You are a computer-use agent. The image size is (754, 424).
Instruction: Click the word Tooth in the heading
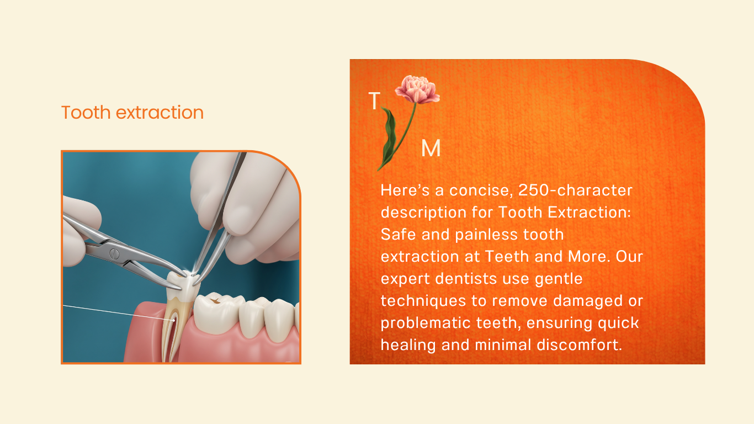[x=86, y=112]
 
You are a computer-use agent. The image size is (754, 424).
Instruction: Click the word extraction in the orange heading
[x=160, y=113]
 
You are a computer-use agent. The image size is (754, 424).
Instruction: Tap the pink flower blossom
[x=417, y=89]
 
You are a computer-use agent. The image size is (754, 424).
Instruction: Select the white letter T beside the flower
[x=374, y=100]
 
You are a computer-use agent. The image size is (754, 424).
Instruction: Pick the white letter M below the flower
[x=431, y=148]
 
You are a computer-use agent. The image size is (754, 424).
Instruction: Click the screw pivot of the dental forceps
[x=114, y=253]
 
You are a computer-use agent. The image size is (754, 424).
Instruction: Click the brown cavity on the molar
[x=214, y=299]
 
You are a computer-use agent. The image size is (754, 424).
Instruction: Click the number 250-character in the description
[x=575, y=190]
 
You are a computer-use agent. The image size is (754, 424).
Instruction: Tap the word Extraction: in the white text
[x=589, y=212]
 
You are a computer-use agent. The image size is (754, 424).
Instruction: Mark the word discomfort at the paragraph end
[x=580, y=345]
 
